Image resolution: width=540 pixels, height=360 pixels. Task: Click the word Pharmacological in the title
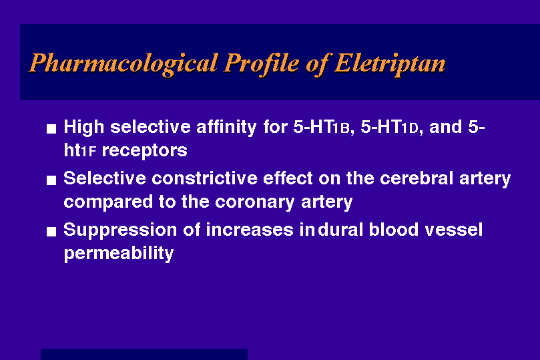pyautogui.click(x=123, y=64)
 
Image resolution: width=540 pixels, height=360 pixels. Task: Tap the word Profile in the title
pyautogui.click(x=262, y=64)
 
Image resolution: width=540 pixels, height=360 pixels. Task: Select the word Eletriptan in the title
pyautogui.click(x=390, y=64)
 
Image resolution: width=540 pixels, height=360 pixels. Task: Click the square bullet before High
pyautogui.click(x=51, y=129)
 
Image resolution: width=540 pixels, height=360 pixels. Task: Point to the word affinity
pyautogui.click(x=226, y=128)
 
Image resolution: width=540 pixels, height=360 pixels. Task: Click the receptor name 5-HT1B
pyautogui.click(x=321, y=127)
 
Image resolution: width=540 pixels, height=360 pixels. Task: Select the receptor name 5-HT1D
pyautogui.click(x=390, y=127)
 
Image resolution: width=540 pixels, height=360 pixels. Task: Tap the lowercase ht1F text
pyautogui.click(x=80, y=150)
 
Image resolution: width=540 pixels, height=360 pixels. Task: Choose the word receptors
pyautogui.click(x=145, y=151)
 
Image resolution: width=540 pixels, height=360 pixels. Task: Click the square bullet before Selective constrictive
pyautogui.click(x=51, y=180)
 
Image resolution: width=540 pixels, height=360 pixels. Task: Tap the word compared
pyautogui.click(x=108, y=202)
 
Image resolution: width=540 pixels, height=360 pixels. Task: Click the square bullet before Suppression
pyautogui.click(x=51, y=232)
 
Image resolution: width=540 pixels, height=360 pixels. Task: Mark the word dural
pyautogui.click(x=340, y=230)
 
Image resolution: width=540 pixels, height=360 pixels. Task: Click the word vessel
pyautogui.click(x=453, y=230)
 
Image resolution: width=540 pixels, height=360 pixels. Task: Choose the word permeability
pyautogui.click(x=119, y=254)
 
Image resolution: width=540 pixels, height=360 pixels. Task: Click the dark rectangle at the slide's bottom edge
pyautogui.click(x=144, y=354)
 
